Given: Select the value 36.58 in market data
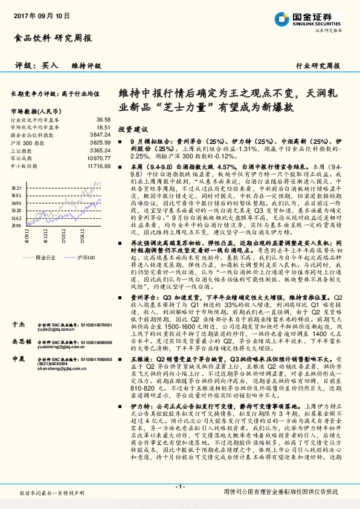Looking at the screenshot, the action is click(103, 121).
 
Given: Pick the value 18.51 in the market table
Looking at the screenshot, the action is click(103, 128).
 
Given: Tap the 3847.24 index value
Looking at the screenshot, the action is click(100, 135).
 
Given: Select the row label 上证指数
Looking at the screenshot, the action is click(22, 150).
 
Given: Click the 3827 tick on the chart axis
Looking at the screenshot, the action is click(16, 189).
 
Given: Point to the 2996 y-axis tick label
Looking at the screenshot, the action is click(16, 225).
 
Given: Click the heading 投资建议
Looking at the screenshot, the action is click(133, 129).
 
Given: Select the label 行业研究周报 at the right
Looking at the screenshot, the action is click(318, 65).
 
